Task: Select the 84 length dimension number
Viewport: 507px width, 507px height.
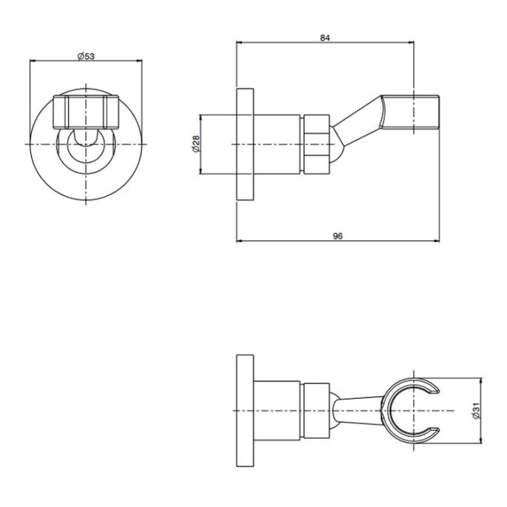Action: coord(325,38)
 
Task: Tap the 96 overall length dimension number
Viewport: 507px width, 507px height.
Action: coord(338,235)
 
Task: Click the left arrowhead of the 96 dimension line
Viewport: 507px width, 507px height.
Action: coord(238,241)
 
